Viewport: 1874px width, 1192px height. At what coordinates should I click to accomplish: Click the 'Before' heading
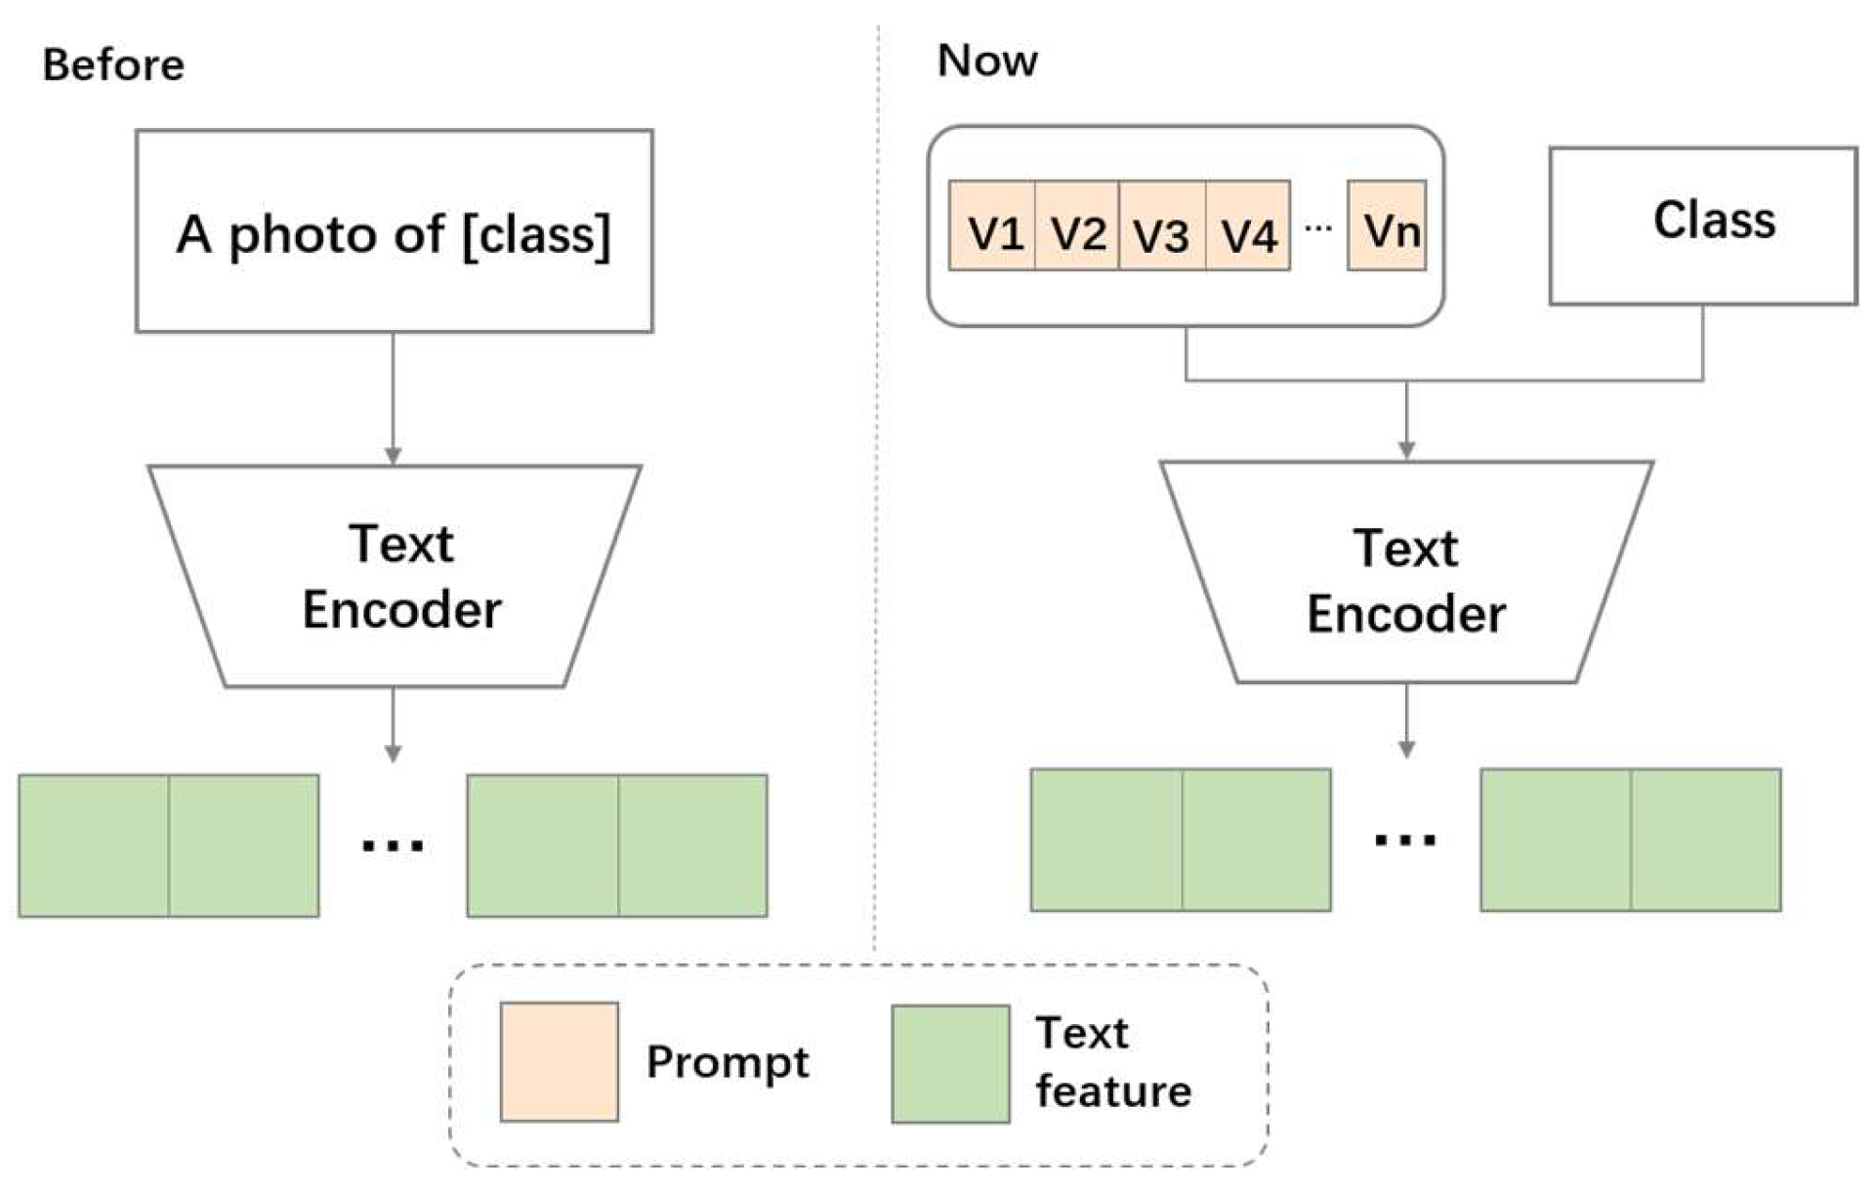[113, 65]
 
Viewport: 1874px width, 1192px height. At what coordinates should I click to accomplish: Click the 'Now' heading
[986, 61]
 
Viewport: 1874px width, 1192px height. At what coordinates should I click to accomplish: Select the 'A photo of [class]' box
[394, 231]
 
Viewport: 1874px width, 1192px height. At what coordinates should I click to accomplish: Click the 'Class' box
[1703, 226]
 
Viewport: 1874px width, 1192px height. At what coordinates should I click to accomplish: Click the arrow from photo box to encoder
[393, 400]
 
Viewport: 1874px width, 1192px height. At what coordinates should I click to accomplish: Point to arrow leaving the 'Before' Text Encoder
[393, 725]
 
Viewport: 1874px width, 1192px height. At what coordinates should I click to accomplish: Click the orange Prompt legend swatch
[559, 1061]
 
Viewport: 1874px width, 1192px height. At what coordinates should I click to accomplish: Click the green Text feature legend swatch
[950, 1063]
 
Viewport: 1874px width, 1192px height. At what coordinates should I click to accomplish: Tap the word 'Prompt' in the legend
[728, 1062]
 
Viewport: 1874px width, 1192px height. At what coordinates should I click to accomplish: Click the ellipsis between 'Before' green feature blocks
[393, 844]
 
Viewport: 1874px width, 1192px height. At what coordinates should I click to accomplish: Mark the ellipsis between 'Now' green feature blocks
[1405, 839]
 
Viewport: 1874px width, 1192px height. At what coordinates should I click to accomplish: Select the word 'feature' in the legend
[1113, 1091]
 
